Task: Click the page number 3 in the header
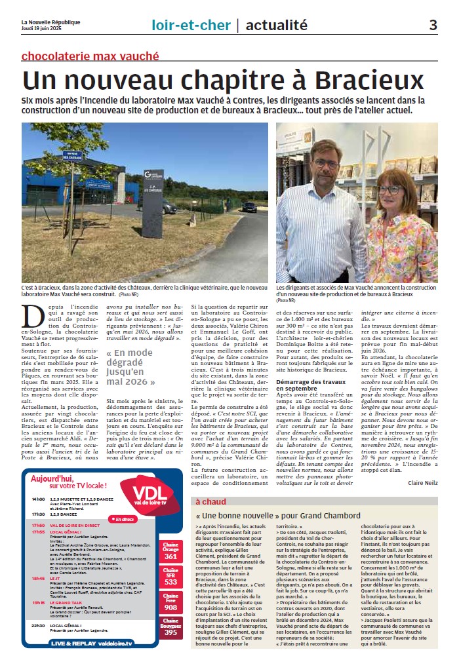(x=433, y=25)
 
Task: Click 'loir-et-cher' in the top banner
(x=191, y=25)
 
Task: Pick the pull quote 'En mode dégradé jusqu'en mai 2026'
(x=130, y=366)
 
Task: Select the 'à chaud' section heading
(x=210, y=501)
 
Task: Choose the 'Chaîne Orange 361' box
(x=171, y=551)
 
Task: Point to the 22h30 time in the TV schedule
(x=37, y=625)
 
